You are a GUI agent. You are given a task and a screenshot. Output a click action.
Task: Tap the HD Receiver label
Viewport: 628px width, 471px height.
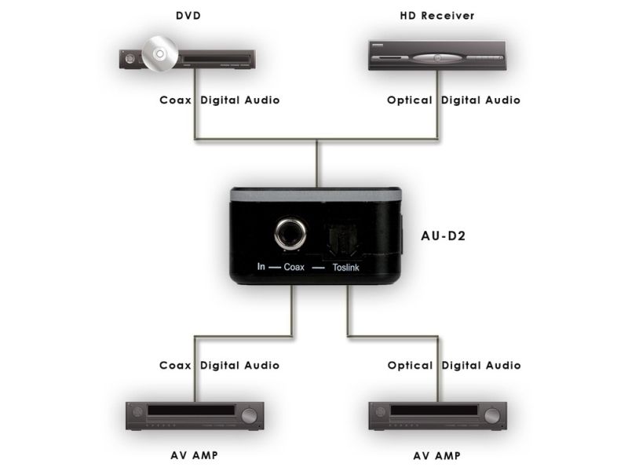[437, 16]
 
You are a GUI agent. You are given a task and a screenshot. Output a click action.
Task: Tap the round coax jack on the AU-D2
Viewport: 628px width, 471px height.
[286, 235]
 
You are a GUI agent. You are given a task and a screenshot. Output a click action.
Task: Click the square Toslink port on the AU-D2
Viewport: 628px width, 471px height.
[342, 237]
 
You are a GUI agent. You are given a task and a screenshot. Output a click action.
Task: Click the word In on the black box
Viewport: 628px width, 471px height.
[262, 267]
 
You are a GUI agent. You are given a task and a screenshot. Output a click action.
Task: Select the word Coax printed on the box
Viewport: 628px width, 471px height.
[294, 267]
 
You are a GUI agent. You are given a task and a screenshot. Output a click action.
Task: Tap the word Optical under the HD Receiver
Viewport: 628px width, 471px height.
[410, 100]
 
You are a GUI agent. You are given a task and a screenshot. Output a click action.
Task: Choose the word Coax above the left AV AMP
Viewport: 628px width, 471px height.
[176, 365]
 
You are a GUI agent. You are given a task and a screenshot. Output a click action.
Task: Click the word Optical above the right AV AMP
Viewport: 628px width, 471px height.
[410, 365]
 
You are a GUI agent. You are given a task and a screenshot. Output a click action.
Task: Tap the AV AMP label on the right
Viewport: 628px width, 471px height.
[437, 455]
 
